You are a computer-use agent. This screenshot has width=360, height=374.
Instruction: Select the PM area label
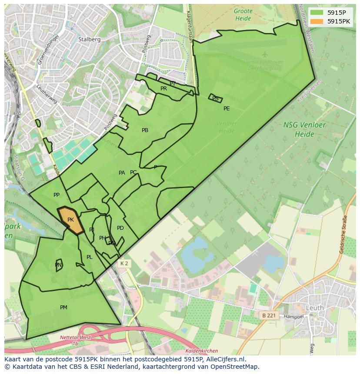point(63,308)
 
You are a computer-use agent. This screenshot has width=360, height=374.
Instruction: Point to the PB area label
point(145,130)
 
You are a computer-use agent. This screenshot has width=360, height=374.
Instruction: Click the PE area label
point(227,109)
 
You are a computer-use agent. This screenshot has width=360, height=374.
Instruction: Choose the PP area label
point(57,195)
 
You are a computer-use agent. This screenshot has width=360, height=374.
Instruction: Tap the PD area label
point(120,228)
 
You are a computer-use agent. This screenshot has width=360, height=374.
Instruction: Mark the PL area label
point(89,257)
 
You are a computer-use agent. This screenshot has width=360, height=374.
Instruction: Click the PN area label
point(58,265)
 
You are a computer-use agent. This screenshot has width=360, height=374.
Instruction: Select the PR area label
point(163,89)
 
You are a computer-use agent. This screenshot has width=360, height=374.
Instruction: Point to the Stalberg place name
point(90,39)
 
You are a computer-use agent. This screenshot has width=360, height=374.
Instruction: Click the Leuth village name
point(315,308)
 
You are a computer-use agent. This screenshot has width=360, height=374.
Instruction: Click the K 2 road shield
point(124,264)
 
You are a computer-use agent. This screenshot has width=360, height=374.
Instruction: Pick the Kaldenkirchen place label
point(201,351)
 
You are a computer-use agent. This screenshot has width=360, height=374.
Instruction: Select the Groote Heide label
point(243,15)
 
